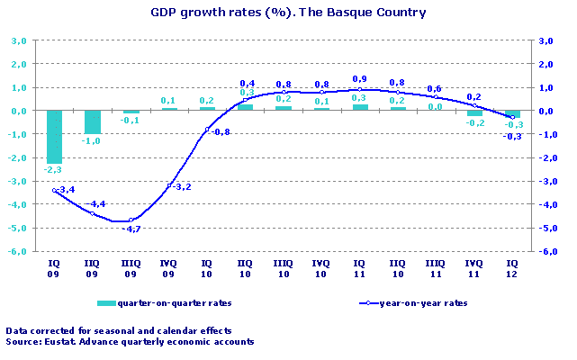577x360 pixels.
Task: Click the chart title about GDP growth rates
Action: (289, 13)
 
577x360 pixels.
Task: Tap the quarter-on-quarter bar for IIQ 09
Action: (92, 121)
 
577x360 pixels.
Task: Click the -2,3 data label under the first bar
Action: (54, 169)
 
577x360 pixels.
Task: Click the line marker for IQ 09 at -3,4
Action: (54, 190)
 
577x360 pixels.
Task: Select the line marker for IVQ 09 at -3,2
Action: (169, 185)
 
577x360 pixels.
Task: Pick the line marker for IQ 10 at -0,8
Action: (207, 130)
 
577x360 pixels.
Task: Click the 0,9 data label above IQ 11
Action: (360, 78)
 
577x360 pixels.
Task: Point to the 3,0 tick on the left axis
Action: (18, 41)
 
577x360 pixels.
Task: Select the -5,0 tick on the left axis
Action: (18, 229)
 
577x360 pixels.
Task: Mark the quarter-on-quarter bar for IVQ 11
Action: (474, 113)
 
